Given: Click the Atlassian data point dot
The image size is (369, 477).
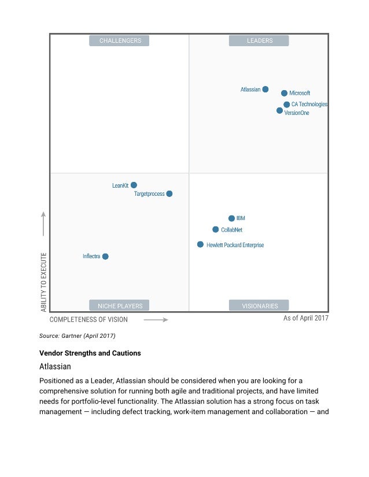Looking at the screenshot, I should tap(265, 90).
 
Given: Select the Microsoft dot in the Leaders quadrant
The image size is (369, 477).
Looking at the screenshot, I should tap(285, 93).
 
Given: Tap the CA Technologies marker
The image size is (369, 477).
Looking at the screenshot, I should tap(287, 105).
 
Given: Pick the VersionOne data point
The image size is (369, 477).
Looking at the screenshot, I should tap(280, 110).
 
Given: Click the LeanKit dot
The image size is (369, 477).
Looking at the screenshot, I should tap(134, 185).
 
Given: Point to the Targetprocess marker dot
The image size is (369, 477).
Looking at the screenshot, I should tap(169, 194).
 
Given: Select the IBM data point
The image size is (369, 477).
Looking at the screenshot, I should tap(232, 218).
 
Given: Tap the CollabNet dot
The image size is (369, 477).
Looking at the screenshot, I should tap(216, 229).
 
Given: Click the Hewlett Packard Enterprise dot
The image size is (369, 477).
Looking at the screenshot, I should tap(201, 245).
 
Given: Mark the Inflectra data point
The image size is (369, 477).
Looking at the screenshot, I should tap(105, 256).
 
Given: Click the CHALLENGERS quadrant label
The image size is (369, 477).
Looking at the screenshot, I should tap(120, 40).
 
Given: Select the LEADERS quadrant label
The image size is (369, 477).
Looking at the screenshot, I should tap(259, 40).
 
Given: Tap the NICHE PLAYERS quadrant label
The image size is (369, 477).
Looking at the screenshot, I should tap(120, 305).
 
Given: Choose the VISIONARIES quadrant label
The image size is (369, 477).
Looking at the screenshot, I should tap(259, 305).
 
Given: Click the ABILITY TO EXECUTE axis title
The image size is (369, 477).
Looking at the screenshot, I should tap(44, 282).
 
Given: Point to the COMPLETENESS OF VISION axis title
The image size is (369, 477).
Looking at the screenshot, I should tap(88, 319).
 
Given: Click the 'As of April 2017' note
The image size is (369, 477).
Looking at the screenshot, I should tap(305, 318).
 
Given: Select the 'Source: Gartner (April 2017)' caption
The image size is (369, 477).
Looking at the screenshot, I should tap(77, 336).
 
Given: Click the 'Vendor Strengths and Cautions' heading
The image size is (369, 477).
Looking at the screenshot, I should tap(90, 353).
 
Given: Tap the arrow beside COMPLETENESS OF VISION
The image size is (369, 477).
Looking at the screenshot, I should tap(156, 319).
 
